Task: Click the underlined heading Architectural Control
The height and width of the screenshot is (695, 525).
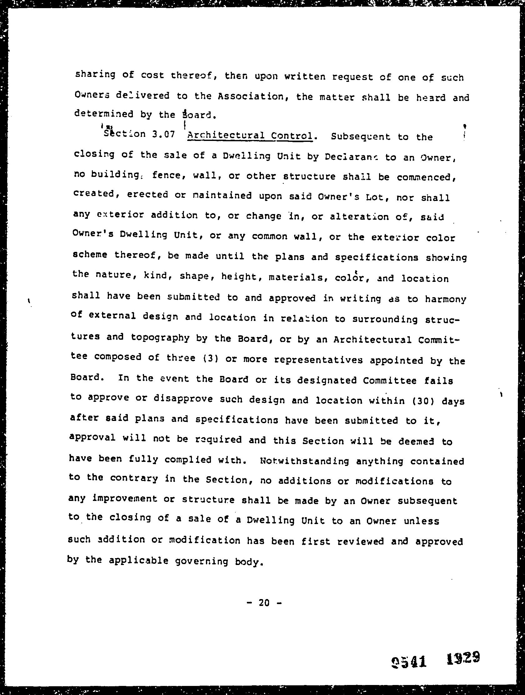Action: tap(250, 136)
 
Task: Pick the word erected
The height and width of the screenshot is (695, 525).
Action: tap(147, 195)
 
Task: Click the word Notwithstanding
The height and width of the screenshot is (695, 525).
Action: tap(304, 461)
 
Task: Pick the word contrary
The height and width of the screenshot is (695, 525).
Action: tap(134, 478)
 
